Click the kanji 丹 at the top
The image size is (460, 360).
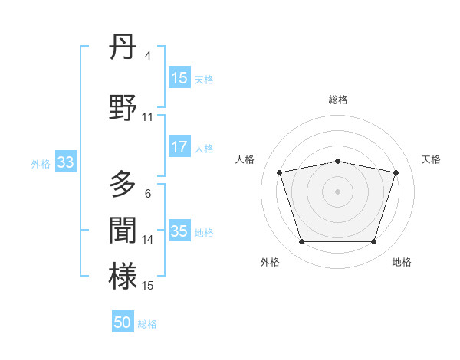tap(123, 49)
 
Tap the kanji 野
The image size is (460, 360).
tap(123, 107)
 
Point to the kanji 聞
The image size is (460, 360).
tap(123, 231)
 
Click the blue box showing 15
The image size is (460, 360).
tap(179, 79)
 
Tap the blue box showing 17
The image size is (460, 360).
tap(179, 147)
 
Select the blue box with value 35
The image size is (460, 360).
tap(179, 231)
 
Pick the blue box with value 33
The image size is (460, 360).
tap(65, 162)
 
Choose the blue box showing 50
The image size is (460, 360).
tap(123, 322)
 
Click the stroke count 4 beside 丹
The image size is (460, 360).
tap(147, 56)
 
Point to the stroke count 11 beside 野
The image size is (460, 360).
tap(148, 117)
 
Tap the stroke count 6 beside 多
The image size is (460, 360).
tap(147, 194)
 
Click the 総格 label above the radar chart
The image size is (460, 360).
tap(338, 100)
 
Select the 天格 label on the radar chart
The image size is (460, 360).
tap(432, 159)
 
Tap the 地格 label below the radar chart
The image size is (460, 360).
tap(402, 262)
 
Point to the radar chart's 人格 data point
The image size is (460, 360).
tap(280, 172)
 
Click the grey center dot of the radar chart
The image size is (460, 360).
tap(338, 191)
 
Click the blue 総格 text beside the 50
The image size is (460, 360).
tap(147, 324)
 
